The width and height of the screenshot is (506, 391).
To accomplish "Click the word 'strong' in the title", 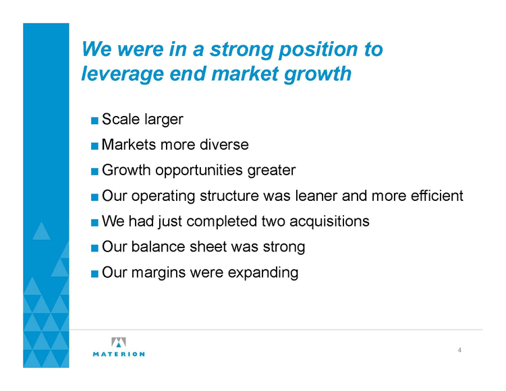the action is (x=241, y=50).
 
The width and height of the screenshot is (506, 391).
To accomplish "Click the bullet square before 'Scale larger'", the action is (x=94, y=121).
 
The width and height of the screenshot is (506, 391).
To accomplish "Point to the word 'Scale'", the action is (x=121, y=119).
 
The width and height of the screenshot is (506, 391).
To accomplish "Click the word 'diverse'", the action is (x=224, y=145).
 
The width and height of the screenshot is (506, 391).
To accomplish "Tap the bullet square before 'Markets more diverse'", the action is (x=94, y=146).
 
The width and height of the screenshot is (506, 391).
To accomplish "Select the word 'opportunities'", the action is (x=198, y=171).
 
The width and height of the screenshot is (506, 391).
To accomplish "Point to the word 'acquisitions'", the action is (x=329, y=222).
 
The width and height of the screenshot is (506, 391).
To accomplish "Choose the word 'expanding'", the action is (x=263, y=273).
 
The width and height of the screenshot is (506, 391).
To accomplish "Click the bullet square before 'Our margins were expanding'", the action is (x=94, y=274).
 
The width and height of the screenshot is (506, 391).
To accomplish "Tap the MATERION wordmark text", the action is (x=119, y=354).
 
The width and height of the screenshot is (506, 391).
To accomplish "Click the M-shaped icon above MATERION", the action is (x=119, y=342).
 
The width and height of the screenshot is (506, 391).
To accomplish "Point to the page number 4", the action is (x=459, y=350).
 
